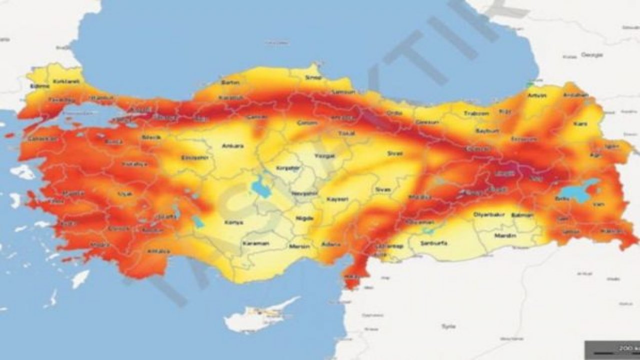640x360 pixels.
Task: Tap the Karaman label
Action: click(x=255, y=243)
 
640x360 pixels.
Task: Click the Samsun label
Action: click(x=343, y=92)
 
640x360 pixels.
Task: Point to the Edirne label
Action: click(x=40, y=86)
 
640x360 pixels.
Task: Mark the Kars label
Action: click(x=580, y=123)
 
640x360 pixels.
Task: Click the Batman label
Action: click(x=520, y=215)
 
